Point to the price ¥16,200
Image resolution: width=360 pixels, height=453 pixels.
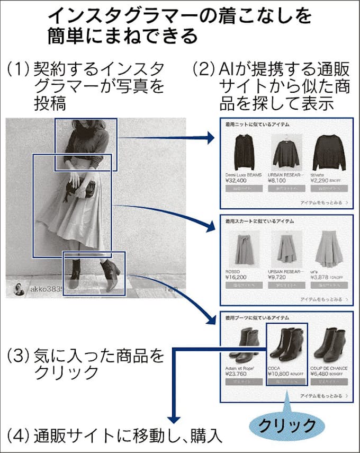click(236, 277)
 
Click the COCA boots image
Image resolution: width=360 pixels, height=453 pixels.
click(285, 344)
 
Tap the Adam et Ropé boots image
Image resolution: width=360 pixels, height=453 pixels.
click(244, 344)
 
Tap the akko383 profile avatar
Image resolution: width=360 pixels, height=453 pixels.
click(19, 289)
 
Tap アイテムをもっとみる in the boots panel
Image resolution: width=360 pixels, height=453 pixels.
click(323, 395)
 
